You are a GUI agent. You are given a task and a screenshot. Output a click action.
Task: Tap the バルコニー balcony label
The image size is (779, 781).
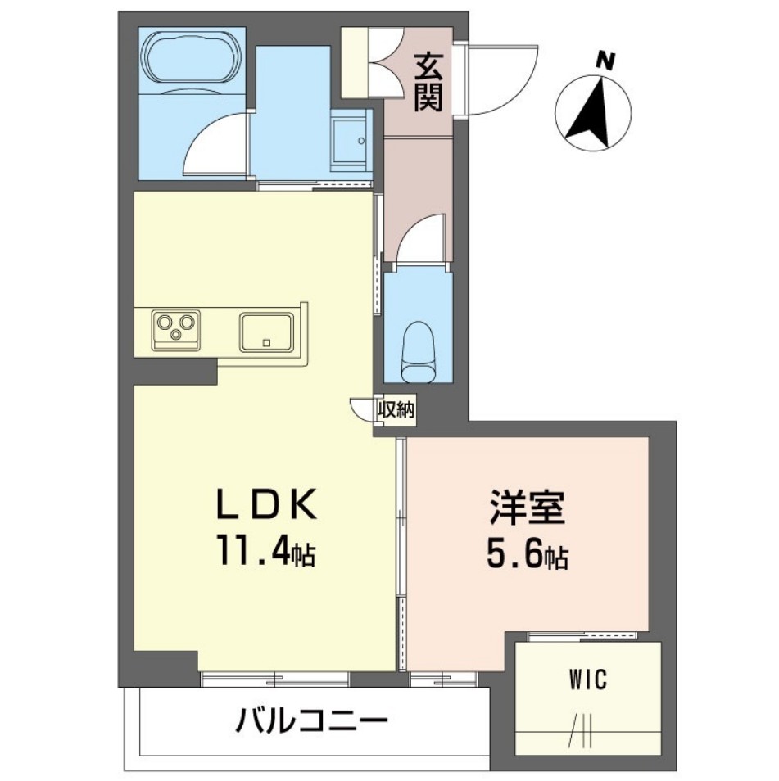[x=311, y=722]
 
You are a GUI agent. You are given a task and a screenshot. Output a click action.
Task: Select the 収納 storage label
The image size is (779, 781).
[x=396, y=409]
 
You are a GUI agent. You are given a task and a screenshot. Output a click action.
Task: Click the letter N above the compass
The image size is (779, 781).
[x=605, y=59]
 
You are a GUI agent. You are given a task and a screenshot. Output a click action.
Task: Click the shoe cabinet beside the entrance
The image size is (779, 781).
[x=356, y=64]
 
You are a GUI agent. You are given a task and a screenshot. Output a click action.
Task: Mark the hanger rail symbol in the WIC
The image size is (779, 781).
[x=580, y=732]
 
